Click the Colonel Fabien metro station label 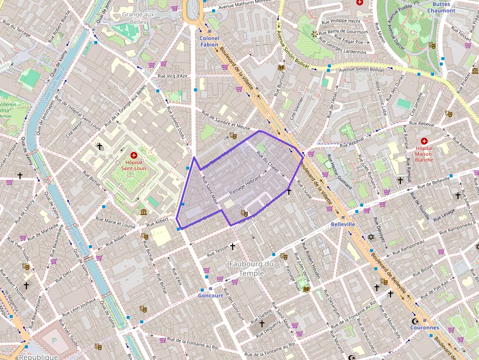click(210, 41)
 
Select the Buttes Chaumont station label click(441, 7)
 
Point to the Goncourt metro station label click(211, 296)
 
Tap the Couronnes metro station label click(424, 328)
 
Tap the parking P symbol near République click(54, 340)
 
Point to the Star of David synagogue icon click(370, 237)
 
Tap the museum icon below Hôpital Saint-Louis click(144, 212)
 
